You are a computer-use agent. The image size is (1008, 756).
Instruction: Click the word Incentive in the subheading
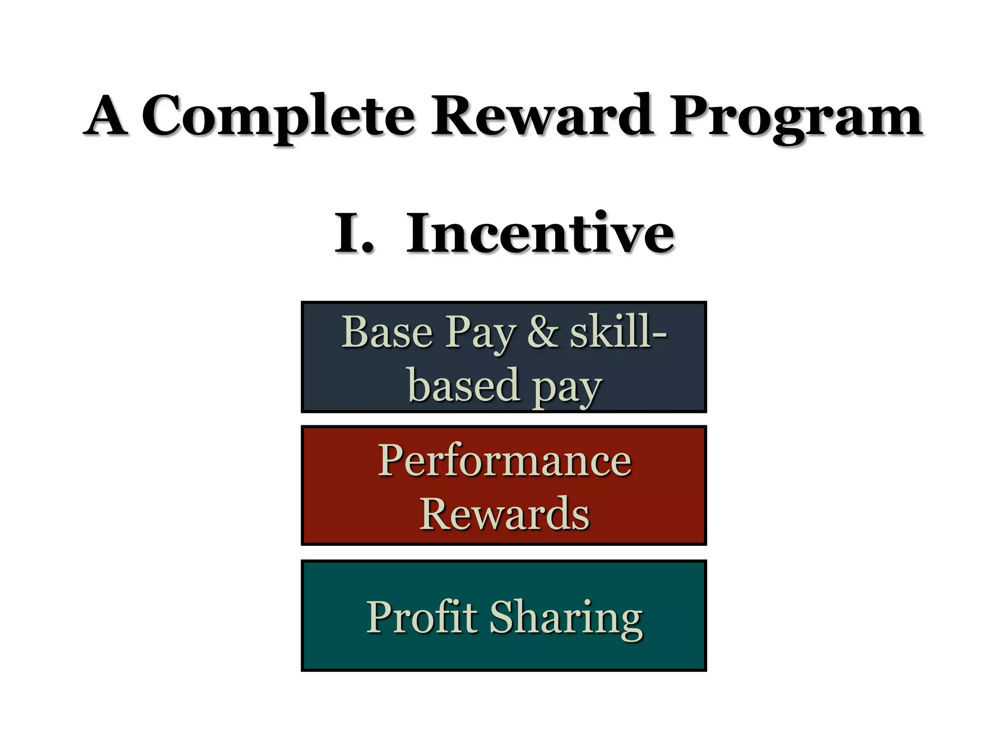540,233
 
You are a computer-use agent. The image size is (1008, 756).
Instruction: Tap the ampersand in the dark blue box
542,332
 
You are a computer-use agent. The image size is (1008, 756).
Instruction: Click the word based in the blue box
464,385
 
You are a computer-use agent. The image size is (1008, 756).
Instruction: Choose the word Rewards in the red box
504,514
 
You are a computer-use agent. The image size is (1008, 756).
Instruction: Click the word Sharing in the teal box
566,619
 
